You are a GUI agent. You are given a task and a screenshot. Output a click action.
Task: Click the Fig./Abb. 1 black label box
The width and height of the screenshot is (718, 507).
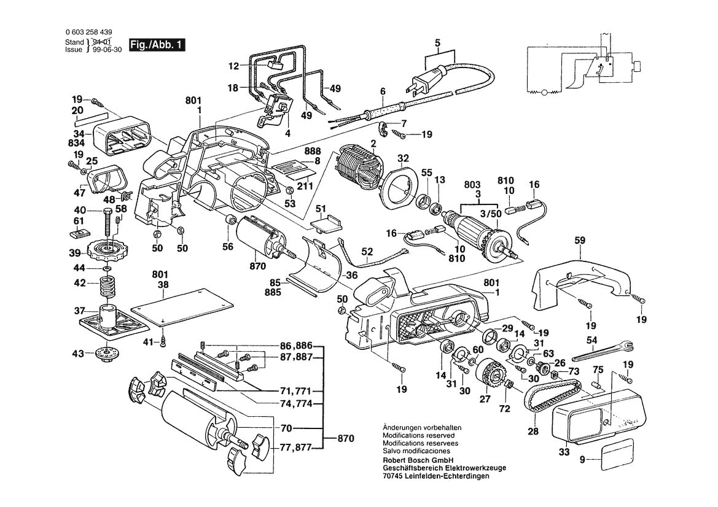click(x=157, y=45)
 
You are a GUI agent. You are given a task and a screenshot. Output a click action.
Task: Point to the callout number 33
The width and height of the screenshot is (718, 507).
click(x=563, y=452)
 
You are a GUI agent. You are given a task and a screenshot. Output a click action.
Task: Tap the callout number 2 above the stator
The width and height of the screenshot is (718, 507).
click(x=372, y=144)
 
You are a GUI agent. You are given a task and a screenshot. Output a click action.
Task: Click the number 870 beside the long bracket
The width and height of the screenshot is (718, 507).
click(x=346, y=438)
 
